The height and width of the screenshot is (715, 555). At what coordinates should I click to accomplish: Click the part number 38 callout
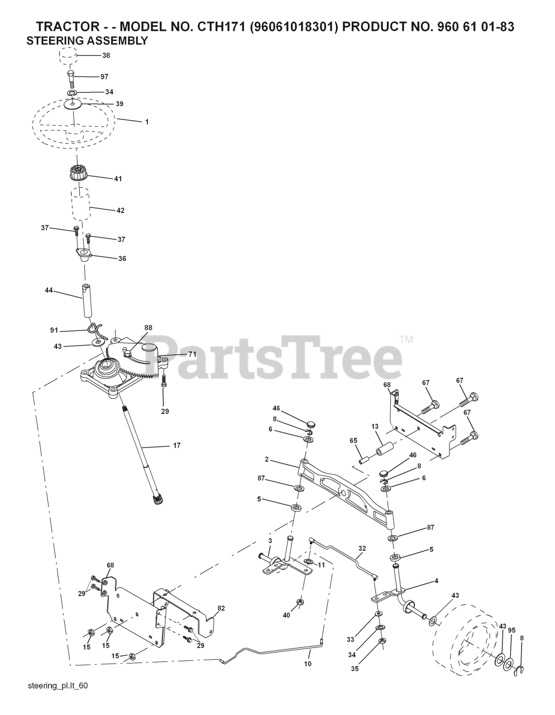pyautogui.click(x=106, y=55)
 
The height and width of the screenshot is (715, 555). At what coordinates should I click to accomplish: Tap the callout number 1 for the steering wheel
pyautogui.click(x=147, y=121)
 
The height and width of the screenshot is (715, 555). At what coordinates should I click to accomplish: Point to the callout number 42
pyautogui.click(x=120, y=211)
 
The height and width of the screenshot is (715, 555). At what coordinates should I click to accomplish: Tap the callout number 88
pyautogui.click(x=147, y=327)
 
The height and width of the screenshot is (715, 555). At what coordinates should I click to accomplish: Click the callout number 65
pyautogui.click(x=353, y=441)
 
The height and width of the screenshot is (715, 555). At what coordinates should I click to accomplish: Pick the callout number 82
pyautogui.click(x=221, y=608)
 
